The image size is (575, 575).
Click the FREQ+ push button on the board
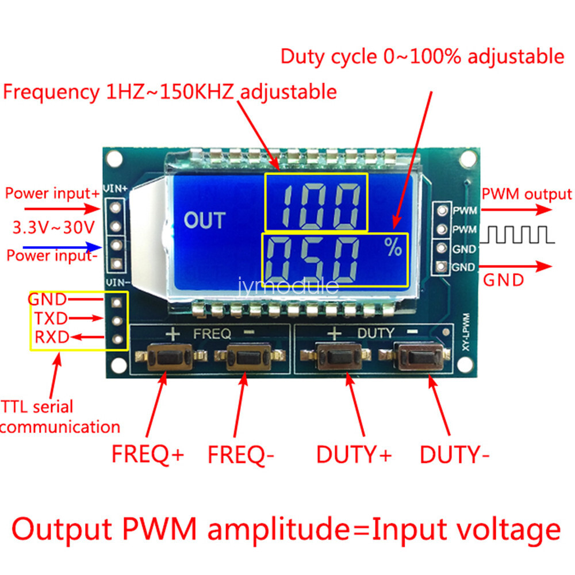[x=167, y=358]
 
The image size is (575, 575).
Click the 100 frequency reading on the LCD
[x=316, y=202]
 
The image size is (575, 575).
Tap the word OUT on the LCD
[x=205, y=220]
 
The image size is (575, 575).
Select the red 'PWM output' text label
[x=527, y=194]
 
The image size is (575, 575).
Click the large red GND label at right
[x=503, y=280]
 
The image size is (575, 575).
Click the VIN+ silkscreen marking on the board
[x=116, y=189]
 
